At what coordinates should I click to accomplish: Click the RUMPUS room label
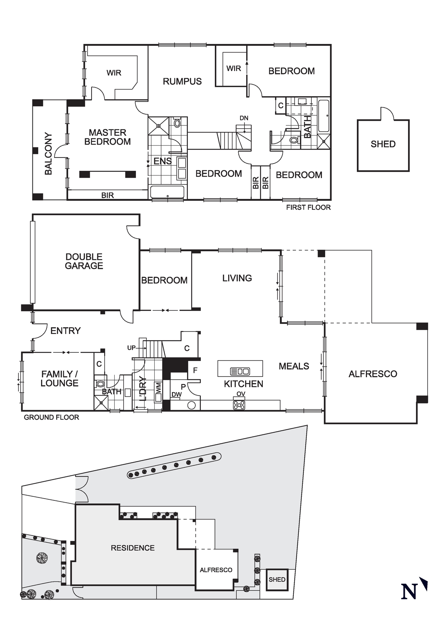pyautogui.click(x=182, y=81)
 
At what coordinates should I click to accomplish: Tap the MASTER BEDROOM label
pyautogui.click(x=107, y=137)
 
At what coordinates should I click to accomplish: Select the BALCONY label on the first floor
pyautogui.click(x=48, y=154)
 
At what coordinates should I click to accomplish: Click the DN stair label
pyautogui.click(x=244, y=118)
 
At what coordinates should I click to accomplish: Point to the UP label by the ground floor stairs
pyautogui.click(x=131, y=348)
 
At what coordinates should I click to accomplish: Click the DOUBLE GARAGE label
pyautogui.click(x=84, y=261)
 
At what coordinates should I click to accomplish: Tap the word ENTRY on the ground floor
pyautogui.click(x=65, y=331)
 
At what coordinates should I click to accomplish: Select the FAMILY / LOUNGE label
pyautogui.click(x=59, y=379)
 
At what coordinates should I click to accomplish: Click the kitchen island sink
pyautogui.click(x=240, y=371)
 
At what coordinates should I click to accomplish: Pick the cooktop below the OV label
pyautogui.click(x=239, y=405)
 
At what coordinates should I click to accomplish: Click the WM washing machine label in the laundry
pyautogui.click(x=159, y=388)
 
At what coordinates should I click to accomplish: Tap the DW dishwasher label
pyautogui.click(x=177, y=395)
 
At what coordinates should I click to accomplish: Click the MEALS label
pyautogui.click(x=294, y=366)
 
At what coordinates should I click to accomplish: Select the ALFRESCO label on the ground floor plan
pyautogui.click(x=373, y=374)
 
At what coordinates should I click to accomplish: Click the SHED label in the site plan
pyautogui.click(x=277, y=579)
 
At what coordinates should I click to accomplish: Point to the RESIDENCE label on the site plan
pyautogui.click(x=133, y=548)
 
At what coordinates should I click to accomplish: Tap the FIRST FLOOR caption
pyautogui.click(x=308, y=208)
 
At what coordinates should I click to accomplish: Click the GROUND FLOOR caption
pyautogui.click(x=52, y=417)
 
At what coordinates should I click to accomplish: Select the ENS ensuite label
pyautogui.click(x=163, y=161)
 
